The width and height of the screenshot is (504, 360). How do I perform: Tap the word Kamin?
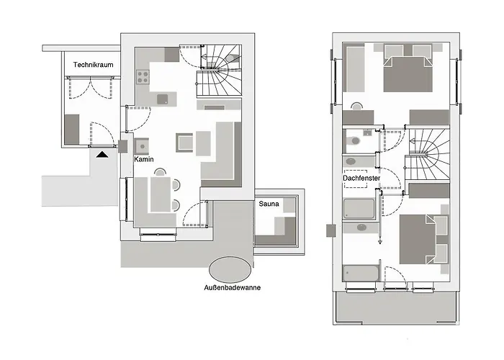pyautogui.click(x=145, y=160)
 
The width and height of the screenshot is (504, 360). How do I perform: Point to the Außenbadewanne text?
pyautogui.click(x=232, y=288)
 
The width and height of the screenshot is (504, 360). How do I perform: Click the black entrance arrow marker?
pyautogui.click(x=103, y=153)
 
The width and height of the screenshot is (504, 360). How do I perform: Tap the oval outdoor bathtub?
pyautogui.click(x=230, y=269)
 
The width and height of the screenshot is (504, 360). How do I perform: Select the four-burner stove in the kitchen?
pyautogui.click(x=140, y=75)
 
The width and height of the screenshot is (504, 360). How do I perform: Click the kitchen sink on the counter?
pyautogui.click(x=163, y=98)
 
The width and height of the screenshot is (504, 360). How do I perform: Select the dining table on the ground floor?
pyautogui.click(x=159, y=194)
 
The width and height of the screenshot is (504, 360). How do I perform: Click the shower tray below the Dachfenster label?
pyautogui.click(x=358, y=209)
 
